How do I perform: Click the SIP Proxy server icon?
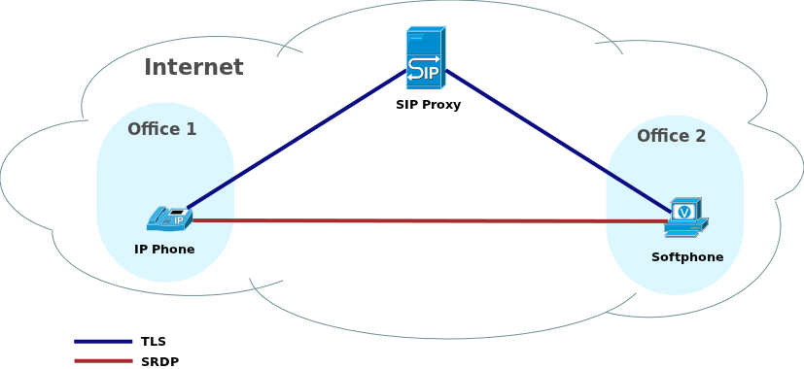(x=425, y=58)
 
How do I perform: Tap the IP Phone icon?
(x=169, y=218)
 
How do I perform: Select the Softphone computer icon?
(x=686, y=218)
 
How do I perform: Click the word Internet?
(x=193, y=68)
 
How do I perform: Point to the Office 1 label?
(x=161, y=129)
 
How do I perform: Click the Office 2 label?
(x=671, y=136)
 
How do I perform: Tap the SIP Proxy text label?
(x=428, y=105)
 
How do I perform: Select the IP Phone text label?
(x=164, y=250)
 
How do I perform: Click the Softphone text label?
(x=687, y=257)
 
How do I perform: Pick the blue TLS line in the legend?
(x=103, y=341)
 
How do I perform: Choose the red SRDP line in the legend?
(x=103, y=361)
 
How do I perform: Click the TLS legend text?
(x=154, y=342)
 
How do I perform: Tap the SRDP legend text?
(x=159, y=362)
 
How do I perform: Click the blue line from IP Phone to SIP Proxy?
(x=297, y=139)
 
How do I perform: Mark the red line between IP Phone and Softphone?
(x=428, y=221)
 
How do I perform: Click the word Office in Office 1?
(x=154, y=129)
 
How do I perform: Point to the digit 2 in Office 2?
(x=700, y=136)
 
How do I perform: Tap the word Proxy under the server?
(x=442, y=105)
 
